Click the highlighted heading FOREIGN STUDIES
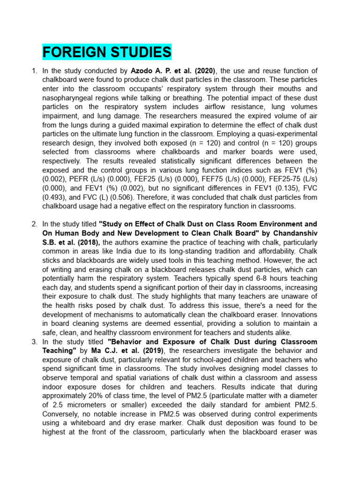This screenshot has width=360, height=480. (x=107, y=52)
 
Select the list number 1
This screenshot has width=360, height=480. (x=34, y=71)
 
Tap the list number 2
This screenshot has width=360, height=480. (x=34, y=224)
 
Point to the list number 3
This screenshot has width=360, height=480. (x=34, y=342)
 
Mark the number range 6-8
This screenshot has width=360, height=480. (x=255, y=277)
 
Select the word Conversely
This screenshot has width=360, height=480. (x=61, y=414)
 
